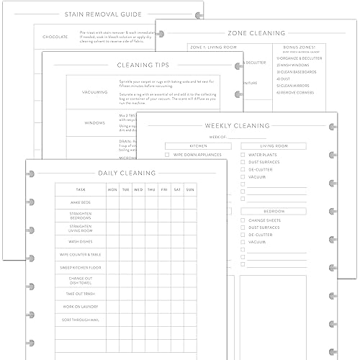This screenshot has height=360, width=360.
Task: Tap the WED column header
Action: click(138, 190)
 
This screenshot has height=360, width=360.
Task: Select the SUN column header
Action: click(190, 190)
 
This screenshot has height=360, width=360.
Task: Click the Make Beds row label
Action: click(80, 202)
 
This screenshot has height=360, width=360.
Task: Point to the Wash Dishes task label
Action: click(80, 241)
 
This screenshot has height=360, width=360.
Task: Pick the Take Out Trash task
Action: click(80, 294)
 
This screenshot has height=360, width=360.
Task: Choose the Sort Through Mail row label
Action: click(80, 318)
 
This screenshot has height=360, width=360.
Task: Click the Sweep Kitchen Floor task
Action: click(80, 267)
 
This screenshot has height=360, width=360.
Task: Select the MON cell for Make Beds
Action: click(112, 202)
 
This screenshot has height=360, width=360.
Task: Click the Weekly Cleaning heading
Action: click(237, 125)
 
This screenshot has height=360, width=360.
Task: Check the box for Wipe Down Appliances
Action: click(168, 155)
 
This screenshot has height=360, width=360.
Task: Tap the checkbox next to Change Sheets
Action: click(243, 220)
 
